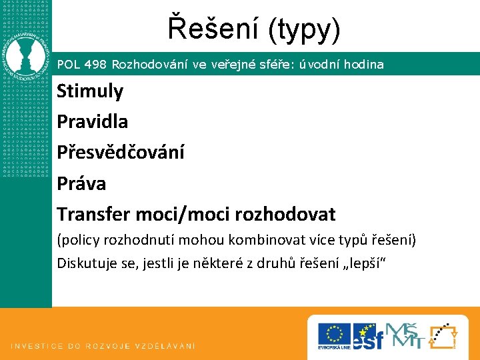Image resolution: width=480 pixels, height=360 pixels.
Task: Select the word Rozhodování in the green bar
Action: (x=151, y=65)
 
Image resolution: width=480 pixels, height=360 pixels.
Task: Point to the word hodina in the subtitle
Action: (x=363, y=65)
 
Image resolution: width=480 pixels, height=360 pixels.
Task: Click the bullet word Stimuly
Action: (x=90, y=91)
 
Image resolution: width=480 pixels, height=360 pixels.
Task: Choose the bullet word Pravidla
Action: (x=93, y=121)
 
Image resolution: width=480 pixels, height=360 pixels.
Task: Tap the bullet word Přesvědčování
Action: (x=121, y=152)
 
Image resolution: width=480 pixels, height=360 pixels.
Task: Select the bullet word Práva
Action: (x=81, y=183)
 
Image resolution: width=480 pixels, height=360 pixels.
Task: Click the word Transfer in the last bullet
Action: (x=94, y=214)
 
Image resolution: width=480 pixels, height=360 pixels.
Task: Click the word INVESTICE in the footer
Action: (x=36, y=346)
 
